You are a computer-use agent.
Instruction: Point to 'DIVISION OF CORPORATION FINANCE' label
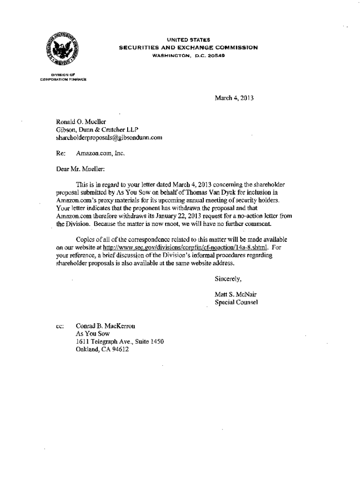click(63, 78)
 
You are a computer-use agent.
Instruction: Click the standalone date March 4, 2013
click(234, 98)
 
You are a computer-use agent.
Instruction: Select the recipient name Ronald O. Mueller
click(78, 122)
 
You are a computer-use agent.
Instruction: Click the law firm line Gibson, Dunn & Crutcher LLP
click(97, 130)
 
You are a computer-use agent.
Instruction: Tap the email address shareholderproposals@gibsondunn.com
click(109, 138)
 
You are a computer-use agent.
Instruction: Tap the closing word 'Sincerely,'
click(228, 279)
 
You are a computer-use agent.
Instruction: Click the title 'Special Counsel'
click(236, 303)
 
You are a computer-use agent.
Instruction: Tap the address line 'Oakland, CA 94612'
click(102, 349)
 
